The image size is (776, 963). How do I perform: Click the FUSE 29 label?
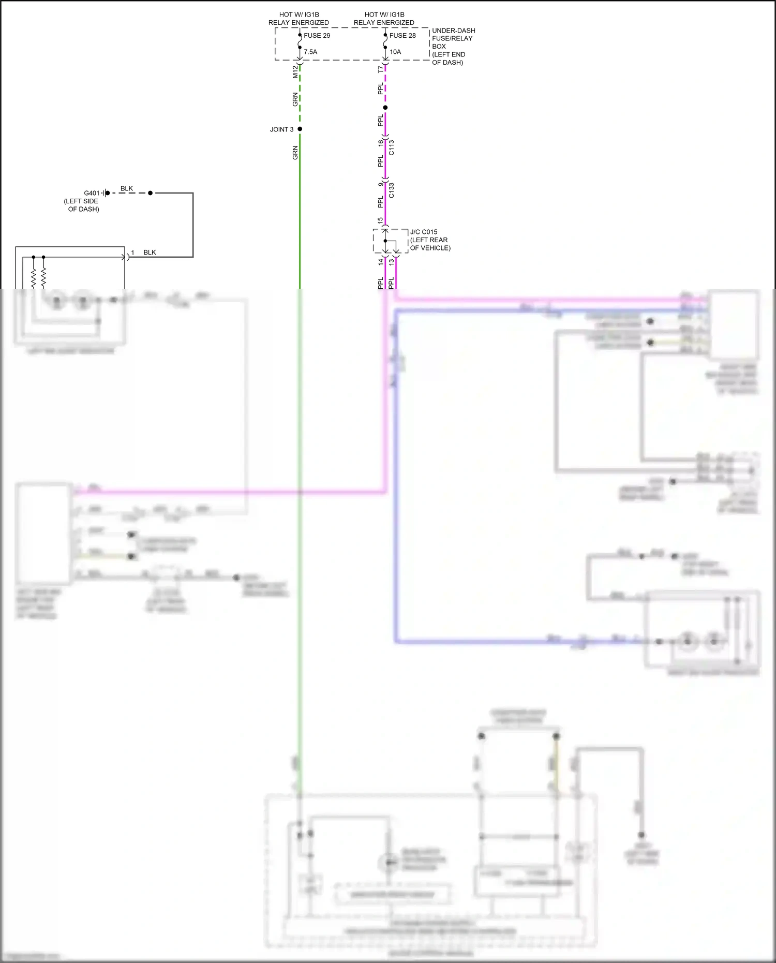pyautogui.click(x=317, y=36)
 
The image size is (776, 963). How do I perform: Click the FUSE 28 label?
pyautogui.click(x=402, y=36)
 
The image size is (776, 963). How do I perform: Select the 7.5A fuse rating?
pyautogui.click(x=310, y=52)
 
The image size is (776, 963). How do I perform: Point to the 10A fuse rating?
pyautogui.click(x=395, y=52)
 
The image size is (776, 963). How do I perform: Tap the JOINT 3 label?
pyautogui.click(x=281, y=129)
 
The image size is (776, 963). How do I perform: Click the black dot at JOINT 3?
pyautogui.click(x=300, y=129)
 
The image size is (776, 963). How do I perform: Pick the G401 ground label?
pyautogui.click(x=92, y=193)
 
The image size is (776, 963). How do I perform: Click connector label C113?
pyautogui.click(x=392, y=147)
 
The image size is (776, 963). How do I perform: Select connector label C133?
pyautogui.click(x=392, y=190)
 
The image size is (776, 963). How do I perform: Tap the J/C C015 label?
pyautogui.click(x=424, y=232)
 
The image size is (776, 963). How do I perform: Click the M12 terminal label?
pyautogui.click(x=295, y=72)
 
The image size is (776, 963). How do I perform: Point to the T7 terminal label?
pyautogui.click(x=381, y=69)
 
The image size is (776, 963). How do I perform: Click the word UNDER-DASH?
pyautogui.click(x=454, y=31)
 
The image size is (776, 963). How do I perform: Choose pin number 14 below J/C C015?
pyautogui.click(x=381, y=262)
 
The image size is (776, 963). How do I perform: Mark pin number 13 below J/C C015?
pyautogui.click(x=392, y=262)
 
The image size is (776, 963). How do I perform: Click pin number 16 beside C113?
pyautogui.click(x=381, y=142)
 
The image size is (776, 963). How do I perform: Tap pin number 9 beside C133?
pyautogui.click(x=381, y=184)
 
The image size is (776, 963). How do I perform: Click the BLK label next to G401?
pyautogui.click(x=127, y=188)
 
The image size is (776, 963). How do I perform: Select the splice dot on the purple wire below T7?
pyautogui.click(x=385, y=108)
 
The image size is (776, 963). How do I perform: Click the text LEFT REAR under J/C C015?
pyautogui.click(x=429, y=240)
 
